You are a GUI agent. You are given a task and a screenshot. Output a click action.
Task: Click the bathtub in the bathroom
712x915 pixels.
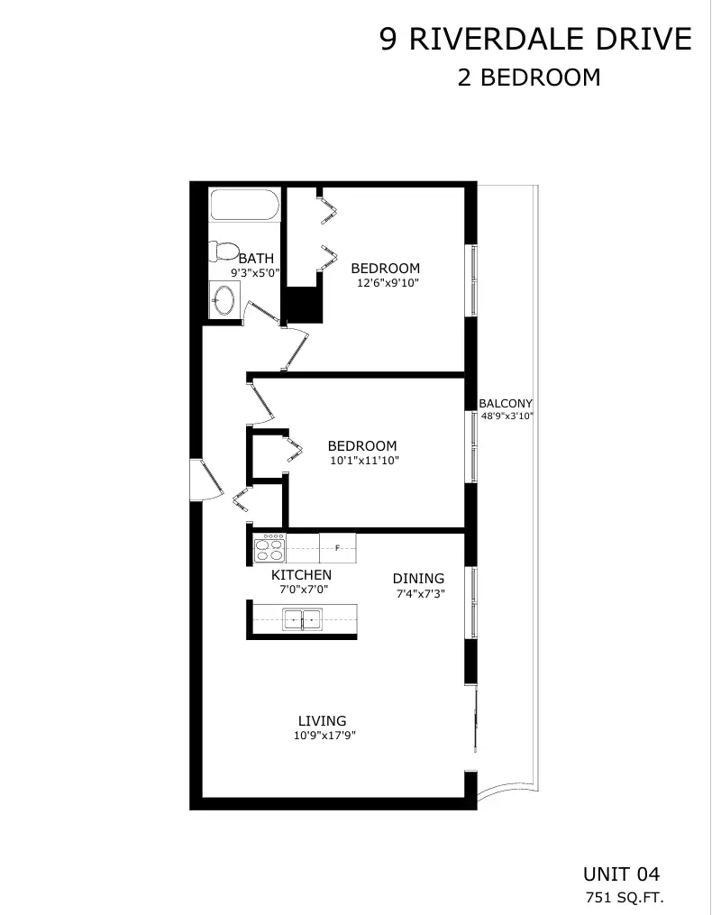click(x=245, y=205)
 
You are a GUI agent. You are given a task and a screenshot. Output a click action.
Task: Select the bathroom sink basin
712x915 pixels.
click(x=224, y=299)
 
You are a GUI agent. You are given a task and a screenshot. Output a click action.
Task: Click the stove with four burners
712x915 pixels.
click(x=269, y=548)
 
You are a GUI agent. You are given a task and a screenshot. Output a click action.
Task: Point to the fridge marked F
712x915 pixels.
click(x=337, y=548)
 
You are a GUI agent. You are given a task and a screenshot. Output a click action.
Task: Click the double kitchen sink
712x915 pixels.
click(x=302, y=619)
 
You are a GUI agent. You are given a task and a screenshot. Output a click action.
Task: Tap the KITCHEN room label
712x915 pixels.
click(x=301, y=575)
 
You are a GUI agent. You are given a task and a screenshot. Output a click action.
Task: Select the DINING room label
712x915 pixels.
click(x=418, y=578)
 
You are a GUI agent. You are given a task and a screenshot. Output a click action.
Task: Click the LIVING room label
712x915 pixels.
click(x=322, y=720)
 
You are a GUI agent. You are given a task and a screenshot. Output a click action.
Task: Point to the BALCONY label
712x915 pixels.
click(x=506, y=403)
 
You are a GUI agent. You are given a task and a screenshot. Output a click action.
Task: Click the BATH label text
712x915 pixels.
click(x=256, y=258)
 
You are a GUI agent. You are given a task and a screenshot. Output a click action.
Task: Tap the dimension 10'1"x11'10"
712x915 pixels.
click(x=365, y=461)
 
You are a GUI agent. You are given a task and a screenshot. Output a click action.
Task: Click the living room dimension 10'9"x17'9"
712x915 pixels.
click(x=324, y=736)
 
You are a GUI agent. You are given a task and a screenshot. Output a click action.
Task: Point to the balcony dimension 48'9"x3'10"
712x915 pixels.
click(x=507, y=416)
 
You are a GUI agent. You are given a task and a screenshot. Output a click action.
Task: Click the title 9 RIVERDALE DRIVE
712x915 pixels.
click(x=535, y=39)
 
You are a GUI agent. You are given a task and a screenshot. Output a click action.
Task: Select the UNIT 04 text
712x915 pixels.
click(x=622, y=874)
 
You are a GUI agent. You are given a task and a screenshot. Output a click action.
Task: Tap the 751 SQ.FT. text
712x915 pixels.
click(x=625, y=897)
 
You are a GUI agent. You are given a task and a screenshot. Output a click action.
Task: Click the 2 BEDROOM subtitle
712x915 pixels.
click(x=529, y=77)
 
